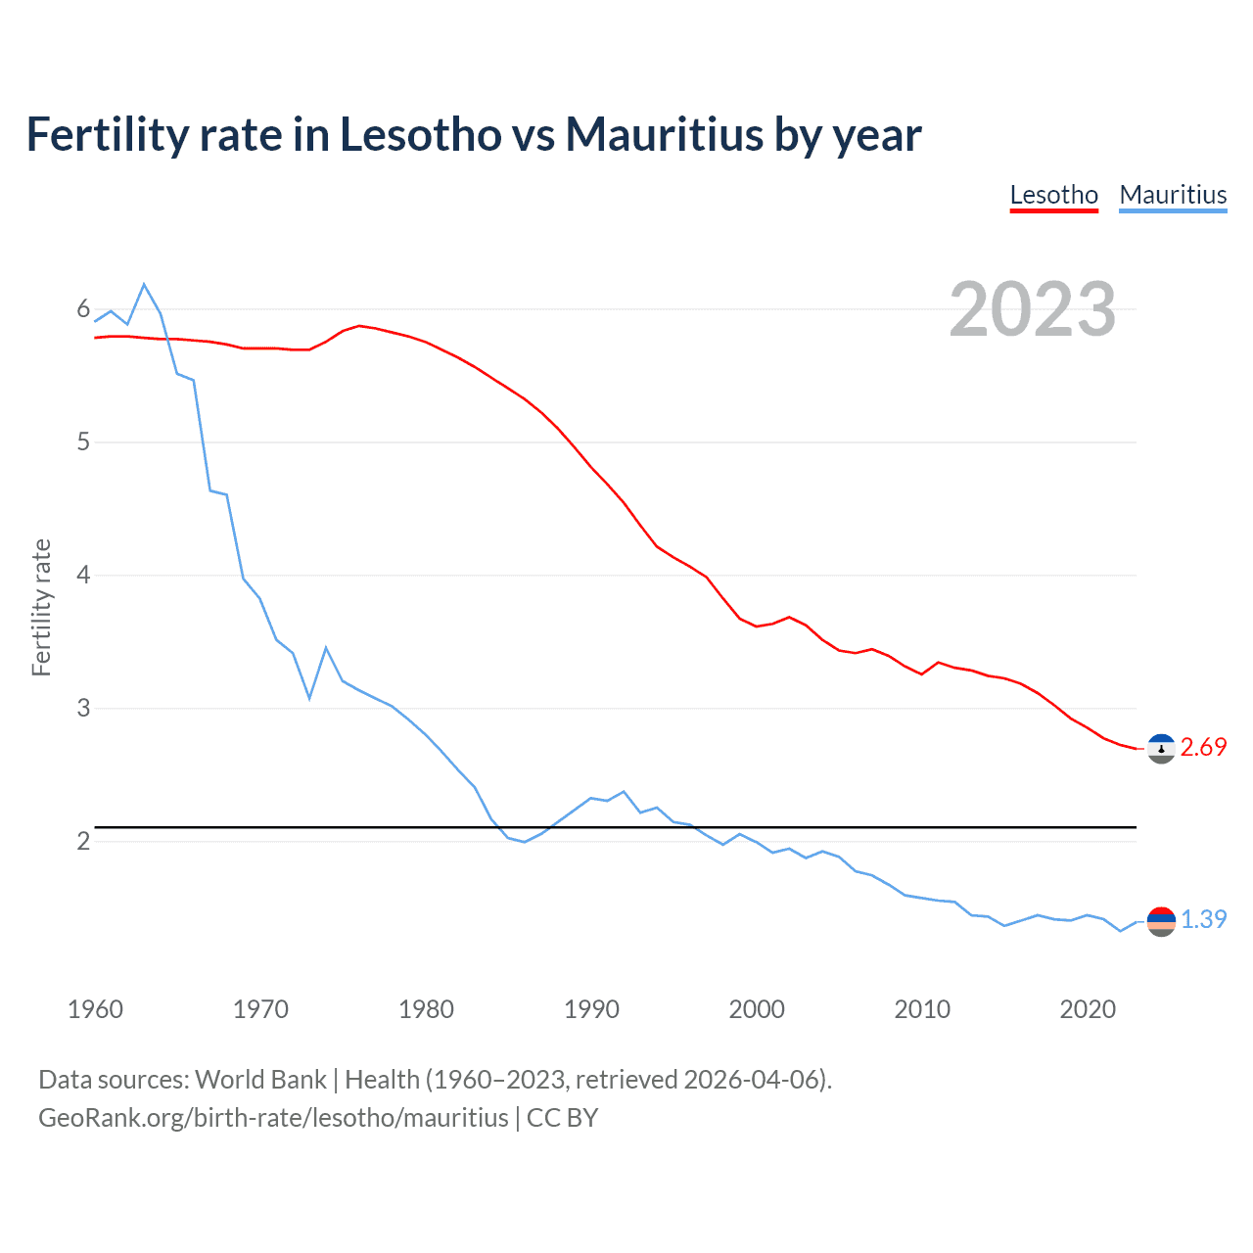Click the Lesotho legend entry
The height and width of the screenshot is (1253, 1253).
[x=1053, y=195]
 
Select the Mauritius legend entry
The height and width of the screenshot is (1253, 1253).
[x=1172, y=195]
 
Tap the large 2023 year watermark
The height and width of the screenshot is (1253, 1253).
[x=1032, y=309]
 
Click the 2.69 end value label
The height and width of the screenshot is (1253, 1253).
[x=1203, y=748]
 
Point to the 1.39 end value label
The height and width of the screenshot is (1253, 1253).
[x=1203, y=920]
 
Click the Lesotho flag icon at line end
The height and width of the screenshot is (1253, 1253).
[x=1161, y=749]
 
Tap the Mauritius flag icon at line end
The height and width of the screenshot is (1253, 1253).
[x=1161, y=921]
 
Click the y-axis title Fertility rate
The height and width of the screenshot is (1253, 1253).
[x=41, y=607]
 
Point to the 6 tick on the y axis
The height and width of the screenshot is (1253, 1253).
[x=83, y=309]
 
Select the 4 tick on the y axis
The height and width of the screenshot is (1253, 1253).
[x=83, y=576]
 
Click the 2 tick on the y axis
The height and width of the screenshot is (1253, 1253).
[x=83, y=841]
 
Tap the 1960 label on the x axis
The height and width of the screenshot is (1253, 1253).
[x=95, y=1009]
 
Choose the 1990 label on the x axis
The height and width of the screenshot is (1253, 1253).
[x=591, y=1009]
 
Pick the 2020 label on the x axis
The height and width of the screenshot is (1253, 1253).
[x=1088, y=1009]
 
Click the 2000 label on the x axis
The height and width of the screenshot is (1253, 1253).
[x=757, y=1009]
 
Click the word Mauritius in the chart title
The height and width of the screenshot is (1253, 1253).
[x=664, y=135]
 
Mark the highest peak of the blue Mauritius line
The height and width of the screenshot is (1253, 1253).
[x=144, y=285]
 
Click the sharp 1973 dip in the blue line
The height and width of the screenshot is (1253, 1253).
[x=309, y=698]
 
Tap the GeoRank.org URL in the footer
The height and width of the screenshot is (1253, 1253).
[x=273, y=1118]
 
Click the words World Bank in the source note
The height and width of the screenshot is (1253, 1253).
[x=260, y=1080]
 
